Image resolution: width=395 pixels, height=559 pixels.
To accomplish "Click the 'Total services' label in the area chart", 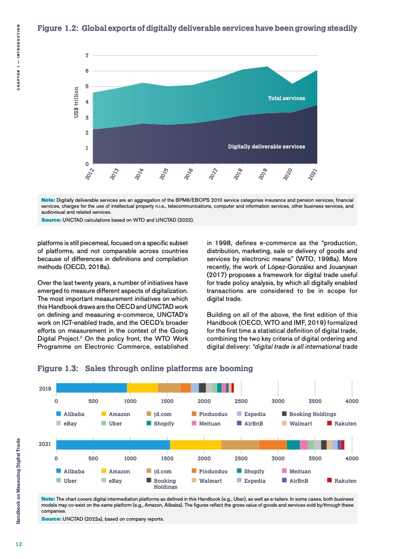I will point(286,98).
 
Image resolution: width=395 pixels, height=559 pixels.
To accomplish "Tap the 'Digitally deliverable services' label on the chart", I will point(266,146).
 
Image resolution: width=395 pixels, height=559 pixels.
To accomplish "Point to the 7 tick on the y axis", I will point(87,55).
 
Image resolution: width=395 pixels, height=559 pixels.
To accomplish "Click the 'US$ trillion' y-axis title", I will point(76,103).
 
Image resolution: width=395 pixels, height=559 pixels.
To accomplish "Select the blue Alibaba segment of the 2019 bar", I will point(91,388).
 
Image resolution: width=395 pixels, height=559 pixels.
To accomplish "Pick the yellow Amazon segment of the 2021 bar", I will point(195,444).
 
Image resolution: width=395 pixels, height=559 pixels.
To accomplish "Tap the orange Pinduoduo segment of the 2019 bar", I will point(185,388).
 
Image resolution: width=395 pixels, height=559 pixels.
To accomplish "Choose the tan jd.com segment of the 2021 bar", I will point(240,444).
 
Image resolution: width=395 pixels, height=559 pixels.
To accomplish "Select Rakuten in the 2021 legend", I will point(345,481).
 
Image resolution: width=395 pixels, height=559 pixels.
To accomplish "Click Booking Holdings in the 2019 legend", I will point(312,414).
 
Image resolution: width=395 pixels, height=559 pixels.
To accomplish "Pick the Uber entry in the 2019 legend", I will point(115,423).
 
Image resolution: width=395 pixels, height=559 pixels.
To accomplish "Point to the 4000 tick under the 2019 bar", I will point(352,401).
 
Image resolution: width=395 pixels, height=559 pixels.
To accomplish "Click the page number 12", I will point(18,544).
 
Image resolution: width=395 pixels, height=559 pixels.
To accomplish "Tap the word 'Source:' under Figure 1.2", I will point(51,219).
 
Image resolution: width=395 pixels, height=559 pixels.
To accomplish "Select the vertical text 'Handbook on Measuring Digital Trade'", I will point(18,481).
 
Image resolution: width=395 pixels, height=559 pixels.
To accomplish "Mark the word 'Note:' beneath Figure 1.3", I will point(48,498).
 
